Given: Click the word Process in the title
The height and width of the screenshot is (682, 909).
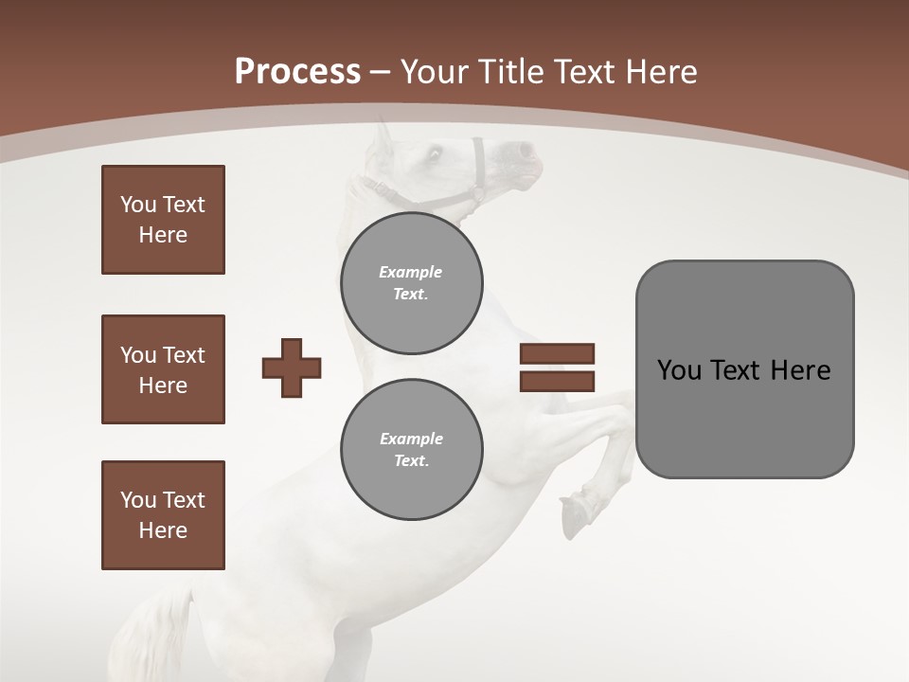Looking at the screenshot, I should [x=297, y=72].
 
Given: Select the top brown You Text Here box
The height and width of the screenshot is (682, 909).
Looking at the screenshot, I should [x=163, y=220].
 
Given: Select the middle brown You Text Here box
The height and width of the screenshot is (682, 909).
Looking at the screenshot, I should [x=163, y=369].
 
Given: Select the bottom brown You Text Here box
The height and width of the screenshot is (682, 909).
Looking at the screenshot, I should [x=163, y=514].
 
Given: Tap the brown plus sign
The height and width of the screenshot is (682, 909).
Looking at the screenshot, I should [x=292, y=368].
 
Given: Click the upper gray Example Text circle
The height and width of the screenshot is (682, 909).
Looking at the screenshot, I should [x=411, y=282].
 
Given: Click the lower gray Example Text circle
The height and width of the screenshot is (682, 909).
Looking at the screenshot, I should [x=411, y=449].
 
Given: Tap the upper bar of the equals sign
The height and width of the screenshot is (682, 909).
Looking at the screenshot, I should [x=557, y=353].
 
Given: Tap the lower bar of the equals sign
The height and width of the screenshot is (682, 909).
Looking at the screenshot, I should [x=557, y=381].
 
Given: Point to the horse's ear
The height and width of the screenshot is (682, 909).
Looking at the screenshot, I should [x=383, y=137].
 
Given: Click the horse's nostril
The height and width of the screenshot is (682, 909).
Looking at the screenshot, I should [x=523, y=150].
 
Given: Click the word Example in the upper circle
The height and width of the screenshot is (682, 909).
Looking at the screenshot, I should [x=410, y=272].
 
